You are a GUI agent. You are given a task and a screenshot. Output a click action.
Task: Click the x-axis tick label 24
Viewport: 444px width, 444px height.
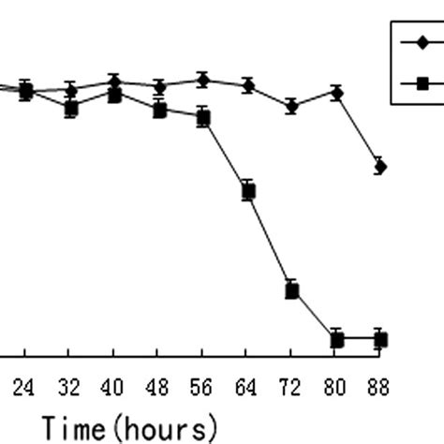(x=23, y=387)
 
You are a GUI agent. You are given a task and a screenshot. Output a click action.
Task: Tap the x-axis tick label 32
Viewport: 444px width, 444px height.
(x=68, y=387)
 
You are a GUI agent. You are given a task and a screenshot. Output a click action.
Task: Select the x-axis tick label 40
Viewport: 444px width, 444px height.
(x=113, y=387)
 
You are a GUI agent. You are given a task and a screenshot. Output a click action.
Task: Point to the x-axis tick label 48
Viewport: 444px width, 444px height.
(x=158, y=387)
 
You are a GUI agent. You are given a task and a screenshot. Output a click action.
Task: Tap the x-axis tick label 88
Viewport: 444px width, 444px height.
(x=379, y=387)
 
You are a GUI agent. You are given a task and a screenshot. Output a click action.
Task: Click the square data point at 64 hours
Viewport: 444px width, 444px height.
(x=248, y=191)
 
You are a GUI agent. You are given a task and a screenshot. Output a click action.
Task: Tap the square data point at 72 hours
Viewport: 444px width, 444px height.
(x=292, y=290)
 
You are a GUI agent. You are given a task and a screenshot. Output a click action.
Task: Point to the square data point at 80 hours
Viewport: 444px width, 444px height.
(x=336, y=339)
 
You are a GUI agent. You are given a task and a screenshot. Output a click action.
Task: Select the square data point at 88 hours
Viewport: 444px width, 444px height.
(x=379, y=339)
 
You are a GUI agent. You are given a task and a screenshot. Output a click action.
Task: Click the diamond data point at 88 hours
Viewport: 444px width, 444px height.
(x=379, y=167)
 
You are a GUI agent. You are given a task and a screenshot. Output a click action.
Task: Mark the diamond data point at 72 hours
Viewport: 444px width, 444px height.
(x=292, y=107)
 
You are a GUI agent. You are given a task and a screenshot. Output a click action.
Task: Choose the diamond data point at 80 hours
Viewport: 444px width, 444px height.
(x=336, y=93)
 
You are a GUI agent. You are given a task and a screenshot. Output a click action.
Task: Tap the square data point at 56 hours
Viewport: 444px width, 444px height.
(x=203, y=118)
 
